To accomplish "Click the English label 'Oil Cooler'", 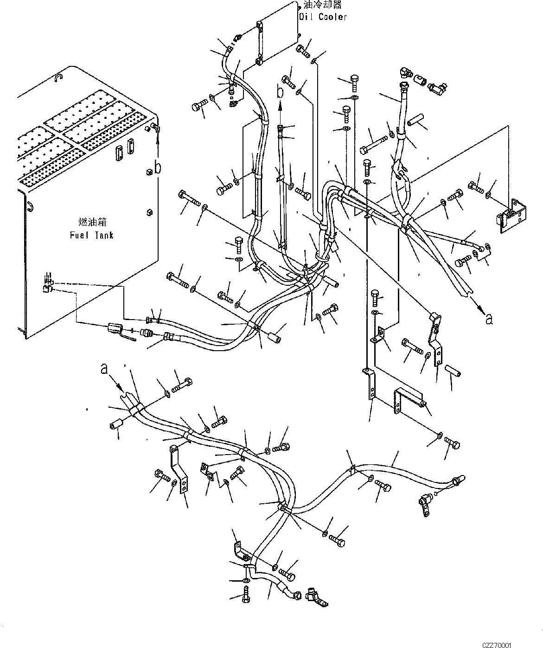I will point(323,17).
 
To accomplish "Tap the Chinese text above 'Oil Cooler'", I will point(323,6).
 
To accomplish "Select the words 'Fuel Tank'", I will point(92,235).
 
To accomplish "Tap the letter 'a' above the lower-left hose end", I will point(105,369).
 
